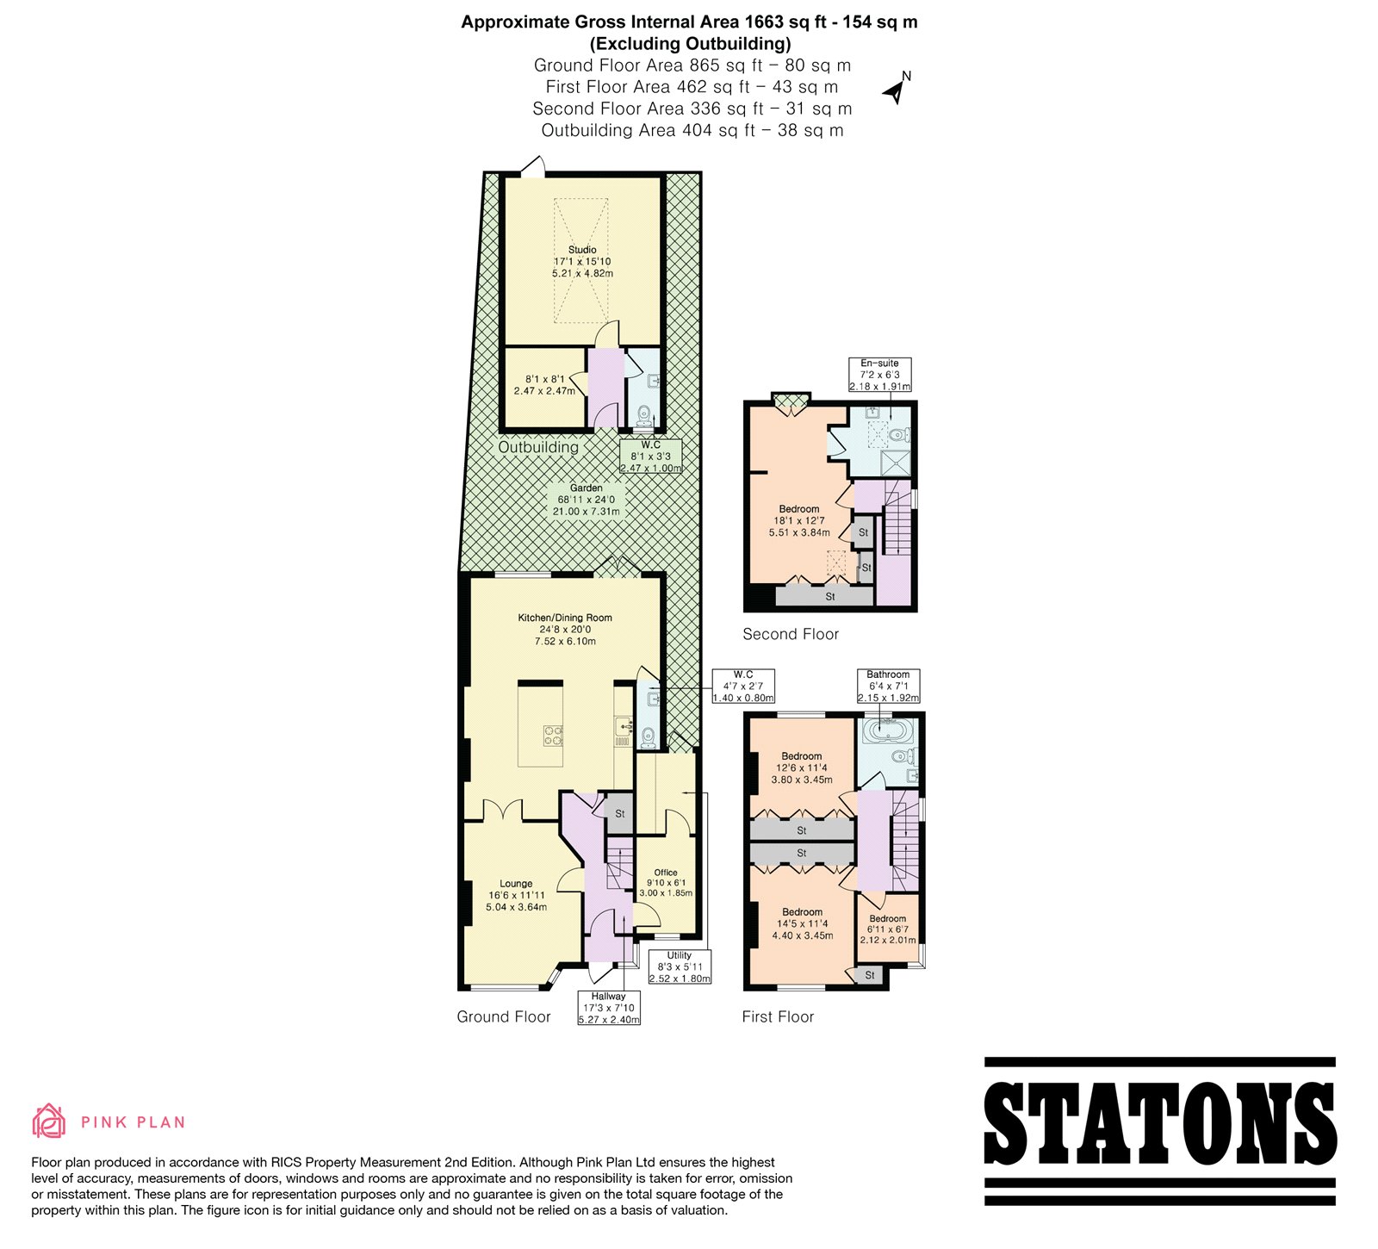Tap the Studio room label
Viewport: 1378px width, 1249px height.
582,261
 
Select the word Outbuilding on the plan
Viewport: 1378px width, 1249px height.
538,447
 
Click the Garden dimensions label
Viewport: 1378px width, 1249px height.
587,500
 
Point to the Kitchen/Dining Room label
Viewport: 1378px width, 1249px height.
565,630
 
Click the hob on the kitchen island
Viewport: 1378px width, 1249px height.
553,736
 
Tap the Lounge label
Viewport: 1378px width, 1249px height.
516,895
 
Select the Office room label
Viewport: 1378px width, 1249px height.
666,883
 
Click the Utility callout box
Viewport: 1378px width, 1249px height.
680,966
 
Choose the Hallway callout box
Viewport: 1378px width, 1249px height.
609,1008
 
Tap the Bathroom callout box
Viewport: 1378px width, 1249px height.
888,686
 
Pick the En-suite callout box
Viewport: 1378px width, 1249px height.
879,375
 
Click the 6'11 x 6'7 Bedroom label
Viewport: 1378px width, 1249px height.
888,929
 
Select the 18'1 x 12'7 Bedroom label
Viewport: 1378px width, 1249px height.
799,520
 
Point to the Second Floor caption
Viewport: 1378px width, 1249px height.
791,634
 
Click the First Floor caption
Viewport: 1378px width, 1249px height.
778,1016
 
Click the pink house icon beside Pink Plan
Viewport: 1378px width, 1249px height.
49,1121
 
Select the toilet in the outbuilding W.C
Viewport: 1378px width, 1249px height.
642,417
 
